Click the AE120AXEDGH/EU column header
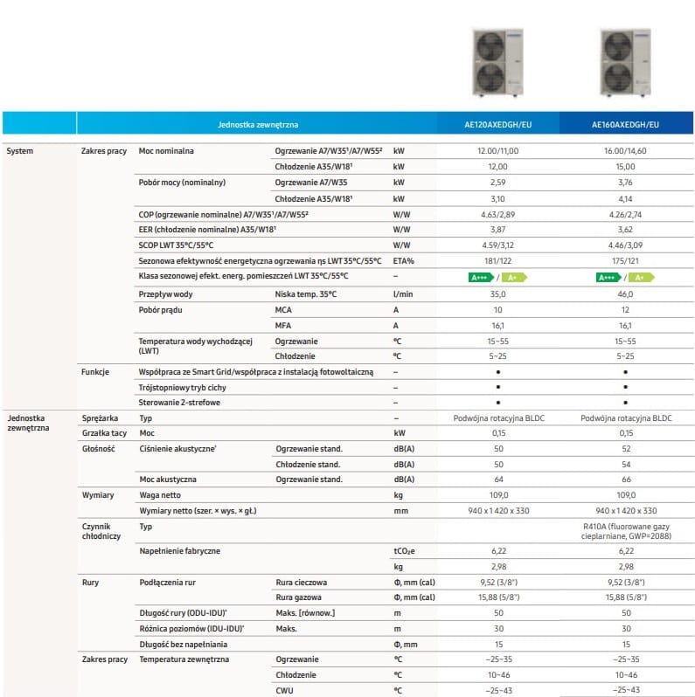[497, 125]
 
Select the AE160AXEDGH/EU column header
[626, 125]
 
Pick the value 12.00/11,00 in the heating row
[497, 151]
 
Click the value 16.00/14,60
[626, 151]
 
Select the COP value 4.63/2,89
[497, 214]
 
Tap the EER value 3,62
[626, 230]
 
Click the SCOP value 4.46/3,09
[626, 245]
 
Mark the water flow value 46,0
[626, 294]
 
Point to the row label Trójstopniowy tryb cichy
[184, 387]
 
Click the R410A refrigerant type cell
[626, 532]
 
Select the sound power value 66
[626, 480]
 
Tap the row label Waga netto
[159, 495]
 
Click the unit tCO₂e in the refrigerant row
[405, 551]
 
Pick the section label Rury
[90, 581]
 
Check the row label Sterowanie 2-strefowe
[179, 403]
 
